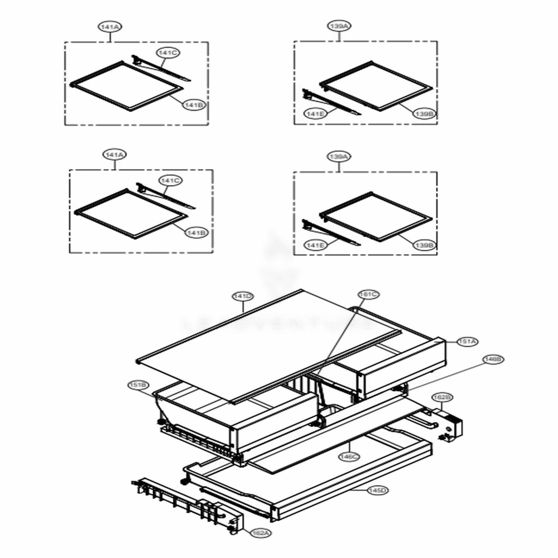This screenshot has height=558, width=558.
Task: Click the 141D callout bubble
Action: pyautogui.click(x=244, y=295)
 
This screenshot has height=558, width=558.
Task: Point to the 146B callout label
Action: pyautogui.click(x=493, y=360)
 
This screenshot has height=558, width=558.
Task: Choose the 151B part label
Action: pyautogui.click(x=137, y=385)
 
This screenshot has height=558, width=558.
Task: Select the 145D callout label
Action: pyautogui.click(x=377, y=490)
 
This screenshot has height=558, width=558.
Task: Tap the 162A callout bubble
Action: pyautogui.click(x=260, y=533)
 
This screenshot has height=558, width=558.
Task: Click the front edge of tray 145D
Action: pyautogui.click(x=352, y=491)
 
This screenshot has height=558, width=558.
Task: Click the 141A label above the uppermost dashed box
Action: pyautogui.click(x=110, y=26)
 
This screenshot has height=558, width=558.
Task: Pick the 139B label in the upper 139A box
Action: pyautogui.click(x=424, y=114)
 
